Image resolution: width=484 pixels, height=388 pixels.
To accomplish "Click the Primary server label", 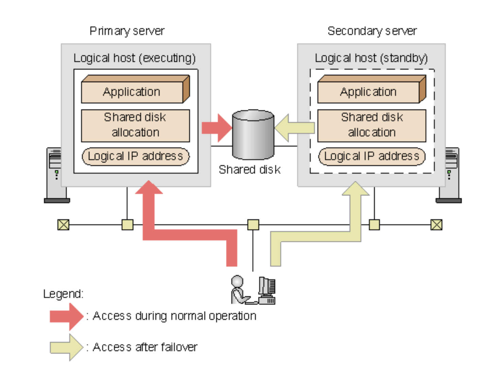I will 127,31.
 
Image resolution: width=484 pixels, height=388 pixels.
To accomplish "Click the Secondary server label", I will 372,31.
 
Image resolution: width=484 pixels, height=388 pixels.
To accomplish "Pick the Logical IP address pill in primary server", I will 136,156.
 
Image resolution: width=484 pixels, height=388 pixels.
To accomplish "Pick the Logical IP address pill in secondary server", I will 371,156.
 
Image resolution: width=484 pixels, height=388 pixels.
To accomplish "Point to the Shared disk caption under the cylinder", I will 249,169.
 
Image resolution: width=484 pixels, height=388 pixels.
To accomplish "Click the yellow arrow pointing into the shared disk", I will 294,128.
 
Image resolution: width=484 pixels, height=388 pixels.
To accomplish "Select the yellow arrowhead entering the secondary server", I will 355,189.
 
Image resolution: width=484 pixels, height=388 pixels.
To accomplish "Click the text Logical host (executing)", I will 135,58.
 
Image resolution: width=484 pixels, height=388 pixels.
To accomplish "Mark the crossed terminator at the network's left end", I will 63,225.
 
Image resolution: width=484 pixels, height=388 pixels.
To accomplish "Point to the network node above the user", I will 253,225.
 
